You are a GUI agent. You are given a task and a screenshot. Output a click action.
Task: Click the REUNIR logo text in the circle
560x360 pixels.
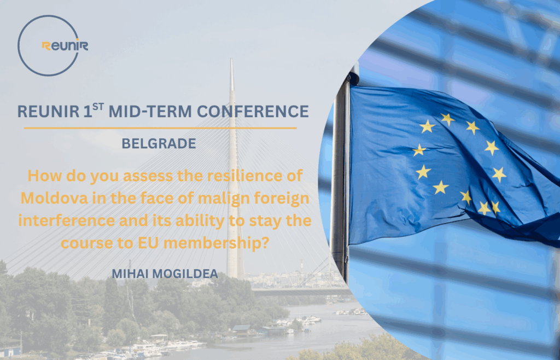(65, 46)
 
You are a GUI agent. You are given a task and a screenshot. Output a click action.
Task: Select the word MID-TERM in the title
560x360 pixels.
(150, 112)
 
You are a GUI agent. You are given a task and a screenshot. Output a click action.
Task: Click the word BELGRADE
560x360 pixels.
(159, 143)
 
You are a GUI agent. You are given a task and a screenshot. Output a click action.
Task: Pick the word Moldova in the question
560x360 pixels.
(54, 199)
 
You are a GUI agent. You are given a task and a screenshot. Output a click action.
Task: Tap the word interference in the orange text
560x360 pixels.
(67, 221)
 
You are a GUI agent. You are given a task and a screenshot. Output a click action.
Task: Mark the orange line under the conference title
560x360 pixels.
(160, 128)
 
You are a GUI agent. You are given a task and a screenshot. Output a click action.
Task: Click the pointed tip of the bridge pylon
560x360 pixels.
(231, 59)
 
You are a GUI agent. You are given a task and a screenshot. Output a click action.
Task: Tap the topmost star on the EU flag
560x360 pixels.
(447, 119)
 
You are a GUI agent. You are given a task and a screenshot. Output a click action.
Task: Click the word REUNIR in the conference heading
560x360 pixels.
(48, 112)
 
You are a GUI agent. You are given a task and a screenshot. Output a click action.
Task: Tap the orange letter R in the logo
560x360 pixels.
(46, 46)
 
